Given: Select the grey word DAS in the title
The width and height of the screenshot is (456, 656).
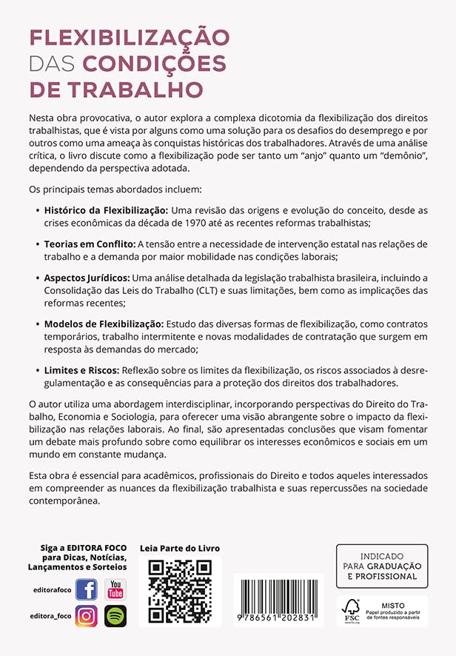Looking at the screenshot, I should point(52,64).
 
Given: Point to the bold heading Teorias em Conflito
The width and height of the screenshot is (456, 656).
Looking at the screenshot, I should point(90,244).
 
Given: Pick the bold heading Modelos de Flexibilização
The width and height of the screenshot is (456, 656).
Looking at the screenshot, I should point(104,324).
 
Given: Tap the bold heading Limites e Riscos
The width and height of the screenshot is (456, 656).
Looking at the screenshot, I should point(84,369).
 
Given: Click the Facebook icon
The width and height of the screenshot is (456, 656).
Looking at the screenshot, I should point(87,589).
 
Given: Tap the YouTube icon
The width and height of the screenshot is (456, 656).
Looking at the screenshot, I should point(115,589).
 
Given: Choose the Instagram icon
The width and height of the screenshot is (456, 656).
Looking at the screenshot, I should point(87,615).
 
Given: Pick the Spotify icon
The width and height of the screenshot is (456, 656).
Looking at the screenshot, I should point(115,615).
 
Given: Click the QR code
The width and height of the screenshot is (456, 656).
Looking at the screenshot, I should point(180,591).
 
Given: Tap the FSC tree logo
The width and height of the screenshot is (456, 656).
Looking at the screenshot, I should point(351,609).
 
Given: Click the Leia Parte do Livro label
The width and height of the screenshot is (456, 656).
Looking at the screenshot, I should point(180,549).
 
